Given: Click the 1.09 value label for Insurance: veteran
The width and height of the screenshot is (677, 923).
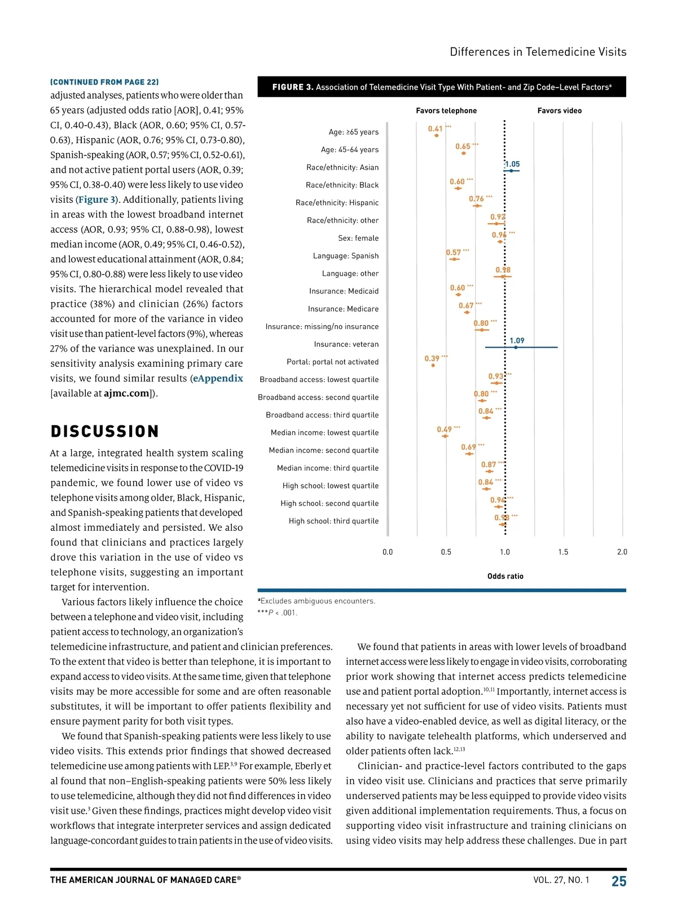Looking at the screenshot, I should click(x=516, y=340).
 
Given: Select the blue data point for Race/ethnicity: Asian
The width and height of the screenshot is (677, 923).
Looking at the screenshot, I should click(x=511, y=170).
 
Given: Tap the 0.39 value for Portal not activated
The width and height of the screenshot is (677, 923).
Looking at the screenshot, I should click(x=432, y=358).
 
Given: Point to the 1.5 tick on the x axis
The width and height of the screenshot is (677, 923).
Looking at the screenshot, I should click(x=563, y=552).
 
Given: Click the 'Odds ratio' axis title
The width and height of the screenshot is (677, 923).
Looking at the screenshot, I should click(x=505, y=576).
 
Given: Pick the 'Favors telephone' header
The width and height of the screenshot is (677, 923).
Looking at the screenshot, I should click(x=446, y=111).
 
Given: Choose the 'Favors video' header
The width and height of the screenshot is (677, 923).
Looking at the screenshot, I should click(x=559, y=111).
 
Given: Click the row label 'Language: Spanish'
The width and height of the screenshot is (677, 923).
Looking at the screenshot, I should click(x=346, y=256).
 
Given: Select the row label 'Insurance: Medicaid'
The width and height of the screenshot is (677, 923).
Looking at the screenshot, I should click(x=344, y=291).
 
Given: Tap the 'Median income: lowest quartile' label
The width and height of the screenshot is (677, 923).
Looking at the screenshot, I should click(x=324, y=433).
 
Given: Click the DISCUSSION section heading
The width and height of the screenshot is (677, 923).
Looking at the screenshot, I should click(x=105, y=432).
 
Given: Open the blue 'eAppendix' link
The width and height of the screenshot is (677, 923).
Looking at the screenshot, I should click(x=218, y=379).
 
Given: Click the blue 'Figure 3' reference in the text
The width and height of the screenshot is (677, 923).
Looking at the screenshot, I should click(x=97, y=199).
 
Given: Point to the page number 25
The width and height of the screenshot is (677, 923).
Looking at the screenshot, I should click(x=619, y=881).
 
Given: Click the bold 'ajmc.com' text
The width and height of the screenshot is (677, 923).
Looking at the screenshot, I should click(x=127, y=393).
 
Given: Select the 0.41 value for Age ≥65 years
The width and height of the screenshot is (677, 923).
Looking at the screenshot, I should click(x=435, y=129).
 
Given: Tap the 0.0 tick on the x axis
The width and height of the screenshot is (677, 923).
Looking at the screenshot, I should click(x=388, y=552).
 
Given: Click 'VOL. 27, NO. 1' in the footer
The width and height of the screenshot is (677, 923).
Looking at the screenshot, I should click(x=561, y=880).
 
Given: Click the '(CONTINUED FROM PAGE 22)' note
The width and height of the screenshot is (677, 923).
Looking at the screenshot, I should click(x=104, y=82).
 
